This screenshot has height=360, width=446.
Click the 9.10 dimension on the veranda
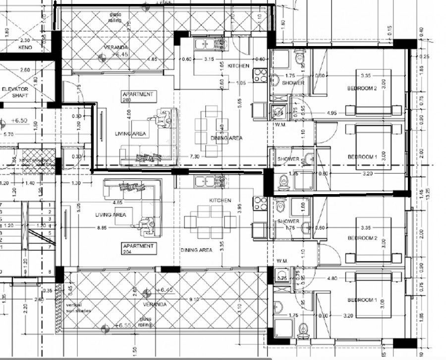194,299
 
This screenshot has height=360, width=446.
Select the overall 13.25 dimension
428,192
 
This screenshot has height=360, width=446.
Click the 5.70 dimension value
8,134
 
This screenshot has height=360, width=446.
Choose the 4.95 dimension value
332,113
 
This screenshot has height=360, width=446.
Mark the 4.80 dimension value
332,278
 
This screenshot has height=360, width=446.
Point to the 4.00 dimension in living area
129,113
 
